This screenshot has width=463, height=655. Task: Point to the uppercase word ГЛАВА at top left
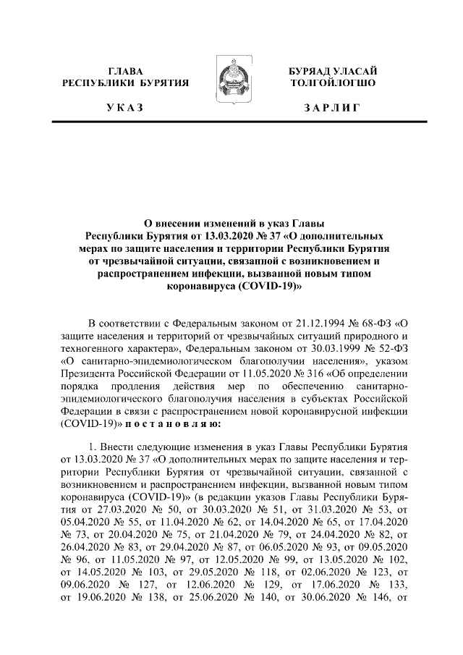(125, 71)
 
